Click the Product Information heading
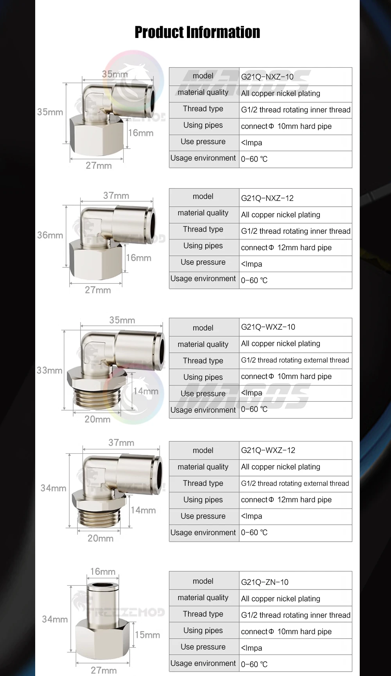tap(197, 32)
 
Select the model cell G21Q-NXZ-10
tap(267, 77)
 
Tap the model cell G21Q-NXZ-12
tap(267, 198)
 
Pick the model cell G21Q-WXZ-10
tap(268, 327)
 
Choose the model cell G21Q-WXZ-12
tap(268, 450)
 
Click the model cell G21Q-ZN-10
tap(265, 582)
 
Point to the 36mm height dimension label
tap(50, 235)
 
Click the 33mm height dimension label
tap(49, 370)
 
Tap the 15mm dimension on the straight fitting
tap(147, 635)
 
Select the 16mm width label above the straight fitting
tap(103, 571)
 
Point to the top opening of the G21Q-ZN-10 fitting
tap(102, 586)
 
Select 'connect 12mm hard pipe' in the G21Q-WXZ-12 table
tap(286, 500)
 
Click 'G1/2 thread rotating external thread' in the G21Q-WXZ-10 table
tap(295, 360)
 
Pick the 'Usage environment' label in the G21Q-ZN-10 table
tap(203, 663)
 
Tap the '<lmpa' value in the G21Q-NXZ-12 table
tap(251, 264)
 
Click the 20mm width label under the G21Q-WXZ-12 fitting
tap(100, 538)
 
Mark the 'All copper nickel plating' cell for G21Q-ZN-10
tap(280, 598)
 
